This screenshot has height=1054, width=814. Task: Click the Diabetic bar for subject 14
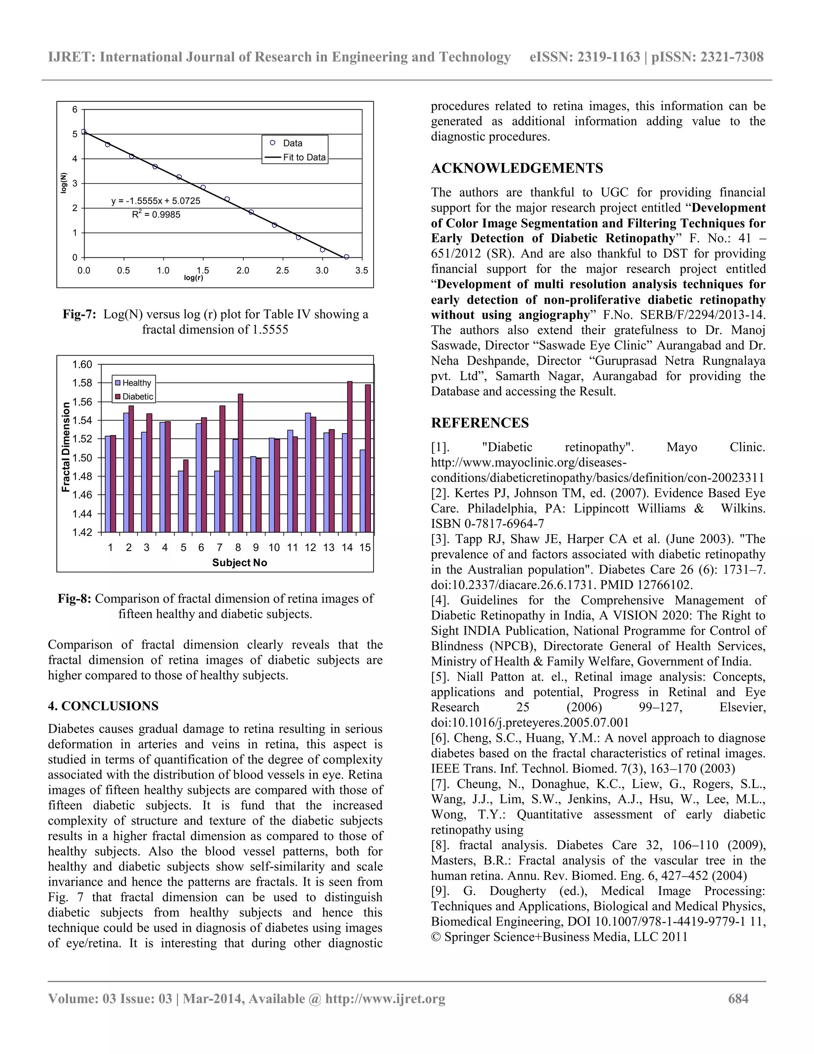(350, 457)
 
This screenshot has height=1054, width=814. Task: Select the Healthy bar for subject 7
(217, 502)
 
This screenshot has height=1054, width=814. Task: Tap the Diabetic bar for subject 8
(240, 463)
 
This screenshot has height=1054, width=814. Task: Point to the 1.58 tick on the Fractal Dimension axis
(82, 383)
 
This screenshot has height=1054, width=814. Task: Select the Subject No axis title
(239, 563)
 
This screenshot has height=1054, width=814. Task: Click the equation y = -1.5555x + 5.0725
(156, 201)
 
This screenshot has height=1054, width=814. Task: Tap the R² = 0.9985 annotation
(156, 215)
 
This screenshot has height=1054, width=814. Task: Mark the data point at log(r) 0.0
(84, 131)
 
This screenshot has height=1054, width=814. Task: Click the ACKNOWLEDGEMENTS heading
(517, 168)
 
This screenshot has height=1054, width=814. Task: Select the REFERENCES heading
(480, 423)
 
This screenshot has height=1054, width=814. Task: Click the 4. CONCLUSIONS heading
(103, 706)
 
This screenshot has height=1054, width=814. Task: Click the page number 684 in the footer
(738, 998)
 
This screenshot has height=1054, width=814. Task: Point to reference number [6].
(440, 738)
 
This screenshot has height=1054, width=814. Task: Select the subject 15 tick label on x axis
(365, 547)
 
